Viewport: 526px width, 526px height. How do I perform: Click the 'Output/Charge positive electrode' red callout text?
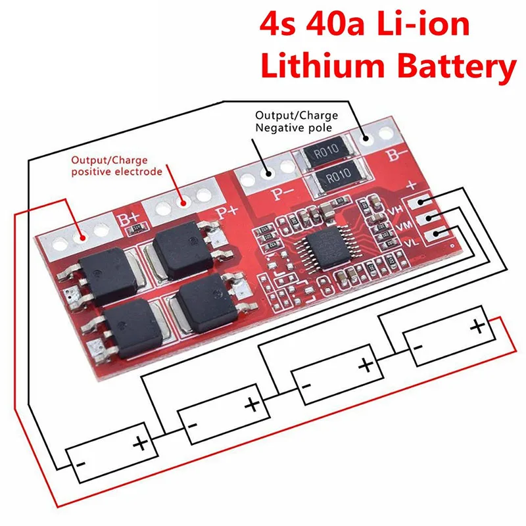pos(116,166)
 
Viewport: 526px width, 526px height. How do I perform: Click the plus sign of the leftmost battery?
pos(139,444)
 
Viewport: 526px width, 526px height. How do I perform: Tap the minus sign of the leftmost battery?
pos(80,464)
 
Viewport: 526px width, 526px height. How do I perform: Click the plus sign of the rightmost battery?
pos(477,327)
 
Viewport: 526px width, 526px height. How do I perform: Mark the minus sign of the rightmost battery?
pos(418,348)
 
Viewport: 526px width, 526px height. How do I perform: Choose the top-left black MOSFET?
pos(99,275)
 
